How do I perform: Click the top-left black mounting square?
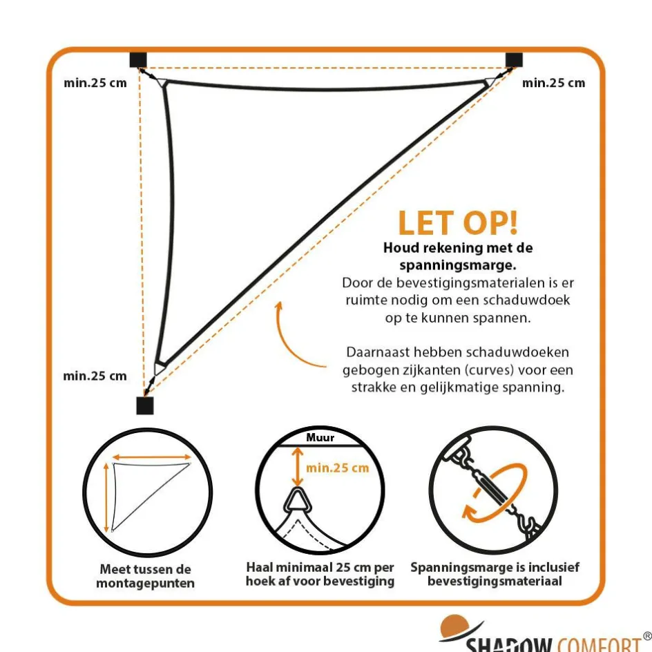pos(138,60)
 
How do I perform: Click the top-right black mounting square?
pos(514,60)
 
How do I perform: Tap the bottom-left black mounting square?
pos(145,405)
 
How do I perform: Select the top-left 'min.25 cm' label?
pos(95,83)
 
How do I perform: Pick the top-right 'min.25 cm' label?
pos(553,83)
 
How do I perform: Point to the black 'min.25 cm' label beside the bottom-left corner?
pos(95,376)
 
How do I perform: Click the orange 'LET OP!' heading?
pos(458,223)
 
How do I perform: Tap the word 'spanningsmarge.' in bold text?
pos(458,265)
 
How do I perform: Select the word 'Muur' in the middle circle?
pos(320,437)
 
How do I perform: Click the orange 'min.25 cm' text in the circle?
pos(337,468)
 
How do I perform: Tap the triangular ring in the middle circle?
pos(297,501)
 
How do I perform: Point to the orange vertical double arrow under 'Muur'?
pos(297,466)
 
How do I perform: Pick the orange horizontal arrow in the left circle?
pos(151,457)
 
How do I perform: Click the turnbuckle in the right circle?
pos(492,486)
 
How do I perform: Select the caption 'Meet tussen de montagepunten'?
pos(146,576)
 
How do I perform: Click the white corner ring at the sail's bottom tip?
pos(160,368)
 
